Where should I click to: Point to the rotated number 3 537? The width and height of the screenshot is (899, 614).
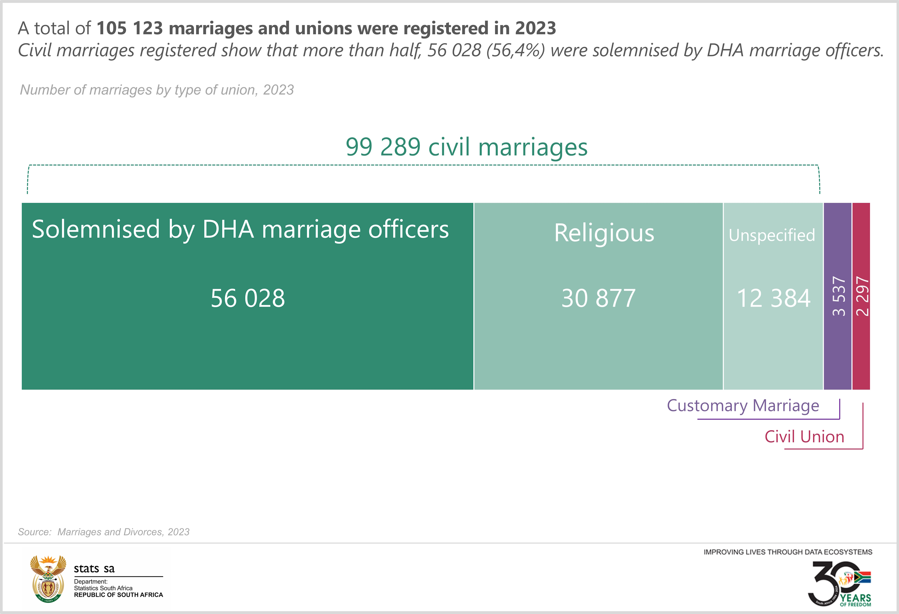(838, 296)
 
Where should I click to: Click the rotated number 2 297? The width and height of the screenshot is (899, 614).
(862, 296)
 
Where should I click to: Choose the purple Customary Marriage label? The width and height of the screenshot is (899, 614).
(743, 406)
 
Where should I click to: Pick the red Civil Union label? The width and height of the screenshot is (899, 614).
(804, 436)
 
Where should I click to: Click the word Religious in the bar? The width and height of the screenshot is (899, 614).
(604, 233)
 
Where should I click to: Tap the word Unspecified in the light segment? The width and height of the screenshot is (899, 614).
(772, 235)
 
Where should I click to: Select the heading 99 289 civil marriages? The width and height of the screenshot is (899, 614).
(466, 147)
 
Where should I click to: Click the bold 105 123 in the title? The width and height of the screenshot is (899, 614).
(129, 28)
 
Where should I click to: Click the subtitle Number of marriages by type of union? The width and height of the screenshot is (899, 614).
(157, 90)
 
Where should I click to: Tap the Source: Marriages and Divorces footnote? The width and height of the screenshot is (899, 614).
(104, 532)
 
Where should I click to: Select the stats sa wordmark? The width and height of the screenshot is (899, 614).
(94, 568)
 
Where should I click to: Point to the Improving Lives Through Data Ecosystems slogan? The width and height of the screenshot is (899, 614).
(788, 552)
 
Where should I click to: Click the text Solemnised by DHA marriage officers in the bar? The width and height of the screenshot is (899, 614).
(240, 229)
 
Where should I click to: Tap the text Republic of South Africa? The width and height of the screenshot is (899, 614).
(118, 595)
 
